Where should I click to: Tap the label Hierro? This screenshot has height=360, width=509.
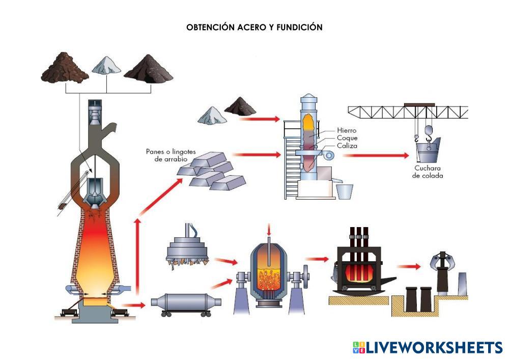(347, 130)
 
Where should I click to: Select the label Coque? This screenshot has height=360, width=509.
(347, 138)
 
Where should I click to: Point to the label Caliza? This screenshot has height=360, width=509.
(347, 146)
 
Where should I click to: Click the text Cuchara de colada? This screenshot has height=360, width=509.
(428, 172)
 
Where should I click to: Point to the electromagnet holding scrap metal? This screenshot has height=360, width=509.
(188, 251)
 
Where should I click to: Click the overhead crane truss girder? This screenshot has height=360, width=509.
(407, 112)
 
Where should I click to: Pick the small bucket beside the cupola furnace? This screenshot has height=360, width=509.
(345, 192)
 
